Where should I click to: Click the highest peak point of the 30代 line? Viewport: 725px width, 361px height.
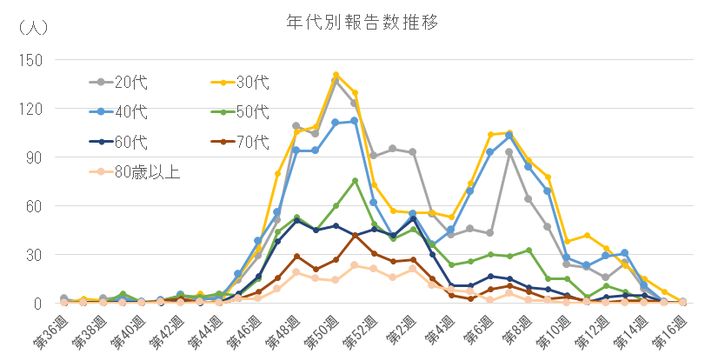(x=336, y=75)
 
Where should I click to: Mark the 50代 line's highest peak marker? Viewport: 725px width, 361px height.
(x=355, y=181)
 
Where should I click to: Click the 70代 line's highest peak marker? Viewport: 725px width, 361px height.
(x=355, y=235)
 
